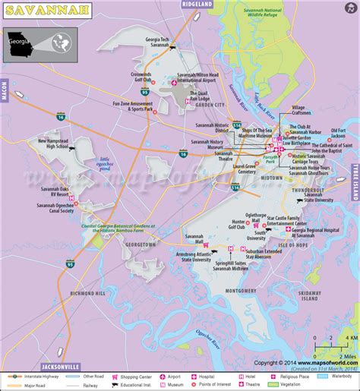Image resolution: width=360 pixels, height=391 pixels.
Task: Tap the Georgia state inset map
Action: pos(40,43)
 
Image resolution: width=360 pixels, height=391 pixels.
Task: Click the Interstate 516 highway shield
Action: pos(236,125)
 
